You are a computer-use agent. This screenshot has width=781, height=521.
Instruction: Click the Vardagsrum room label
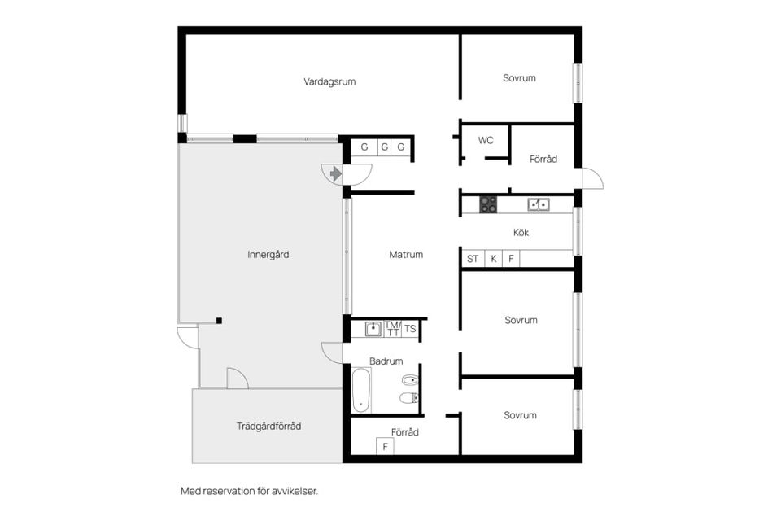(x=329, y=81)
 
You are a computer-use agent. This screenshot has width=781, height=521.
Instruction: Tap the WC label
(x=486, y=141)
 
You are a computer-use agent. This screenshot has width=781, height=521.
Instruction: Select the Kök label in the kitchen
(x=521, y=232)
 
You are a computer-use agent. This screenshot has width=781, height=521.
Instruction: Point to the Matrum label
(x=406, y=254)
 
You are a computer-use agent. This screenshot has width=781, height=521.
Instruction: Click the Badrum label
(x=386, y=361)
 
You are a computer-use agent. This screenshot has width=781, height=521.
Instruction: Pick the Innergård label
(x=268, y=254)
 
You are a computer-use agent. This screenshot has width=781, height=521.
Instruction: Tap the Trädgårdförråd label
(x=269, y=427)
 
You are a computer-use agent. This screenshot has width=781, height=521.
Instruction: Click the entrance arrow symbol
(x=336, y=173)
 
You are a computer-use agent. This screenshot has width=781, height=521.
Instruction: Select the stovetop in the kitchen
(x=488, y=204)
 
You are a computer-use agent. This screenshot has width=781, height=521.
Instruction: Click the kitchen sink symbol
(x=539, y=204)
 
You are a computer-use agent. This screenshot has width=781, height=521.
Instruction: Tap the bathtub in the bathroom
(x=361, y=391)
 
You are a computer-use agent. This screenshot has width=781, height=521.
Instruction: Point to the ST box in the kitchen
(x=473, y=259)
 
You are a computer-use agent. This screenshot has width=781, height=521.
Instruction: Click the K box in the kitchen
(x=494, y=259)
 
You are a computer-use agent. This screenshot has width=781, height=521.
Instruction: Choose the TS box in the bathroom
(x=410, y=329)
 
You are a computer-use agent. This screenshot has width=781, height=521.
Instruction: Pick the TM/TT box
(x=392, y=329)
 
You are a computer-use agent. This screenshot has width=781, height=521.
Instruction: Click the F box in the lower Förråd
(x=385, y=447)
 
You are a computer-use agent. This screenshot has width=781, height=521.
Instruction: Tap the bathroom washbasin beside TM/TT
(x=373, y=329)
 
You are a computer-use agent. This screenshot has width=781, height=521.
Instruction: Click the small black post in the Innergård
(x=219, y=321)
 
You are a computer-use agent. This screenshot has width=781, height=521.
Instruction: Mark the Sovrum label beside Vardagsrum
(x=520, y=78)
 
